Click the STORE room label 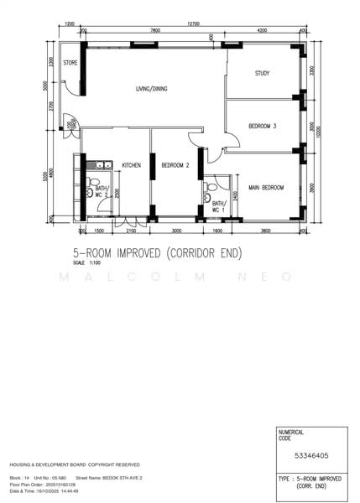point(70,62)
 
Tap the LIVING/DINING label point(154,88)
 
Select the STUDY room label point(262,74)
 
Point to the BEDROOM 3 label point(262,127)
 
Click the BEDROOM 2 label point(175,165)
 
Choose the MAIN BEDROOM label point(265,187)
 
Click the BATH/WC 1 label point(218,205)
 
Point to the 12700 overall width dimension point(194,24)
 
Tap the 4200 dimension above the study point(262,31)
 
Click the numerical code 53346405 point(310,455)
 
